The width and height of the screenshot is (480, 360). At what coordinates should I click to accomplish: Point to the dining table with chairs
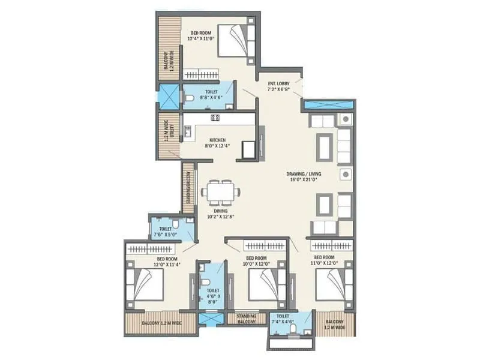pos(220,193)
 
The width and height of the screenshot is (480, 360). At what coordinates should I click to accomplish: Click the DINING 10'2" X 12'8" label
pos(220,213)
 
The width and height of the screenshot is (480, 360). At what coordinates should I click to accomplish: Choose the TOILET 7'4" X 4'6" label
pos(281,319)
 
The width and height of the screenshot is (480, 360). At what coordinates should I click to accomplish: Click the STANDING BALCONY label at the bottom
pos(247,319)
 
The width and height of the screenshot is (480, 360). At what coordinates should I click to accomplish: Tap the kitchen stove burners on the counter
pos(214,117)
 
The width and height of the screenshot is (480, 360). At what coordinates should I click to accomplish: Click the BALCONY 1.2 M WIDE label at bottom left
pos(160,323)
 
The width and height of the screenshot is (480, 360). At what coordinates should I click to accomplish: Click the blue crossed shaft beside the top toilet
pos(169,97)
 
